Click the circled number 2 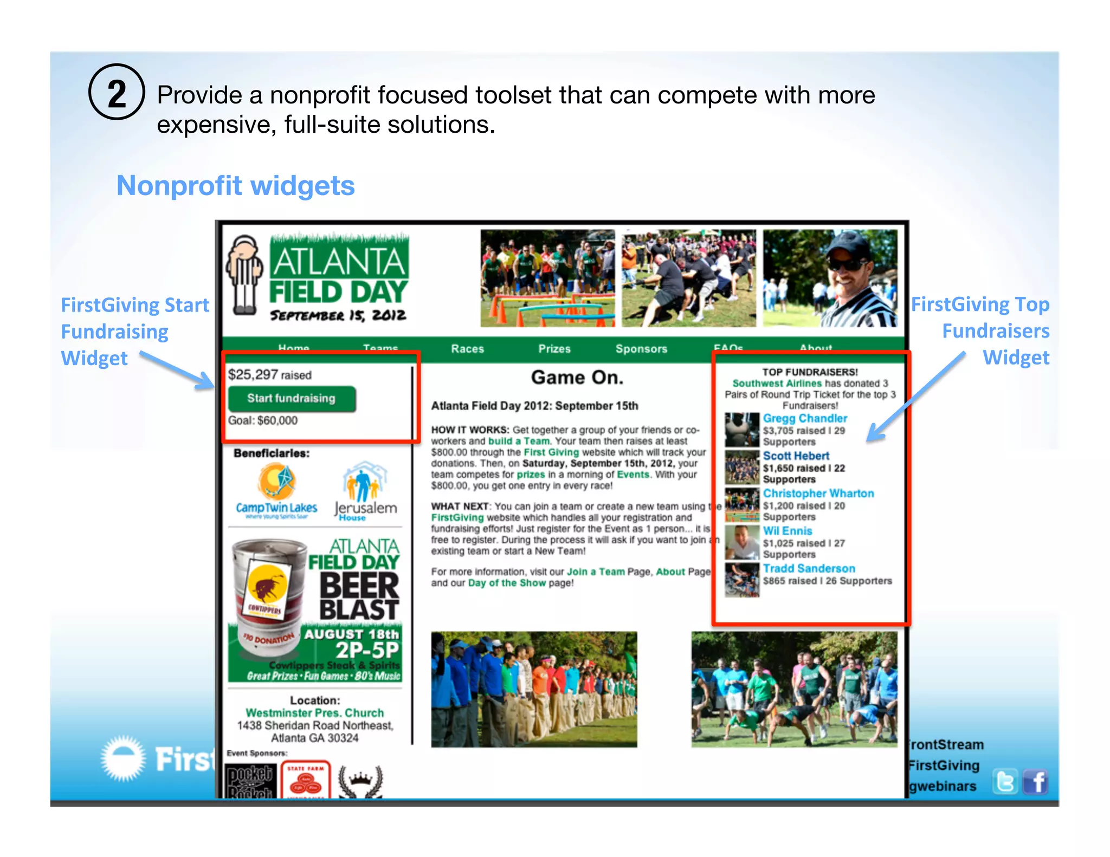point(117,92)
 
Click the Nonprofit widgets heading point(236,186)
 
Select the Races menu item point(467,349)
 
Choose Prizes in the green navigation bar point(554,349)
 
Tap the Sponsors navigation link point(641,349)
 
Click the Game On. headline point(577,377)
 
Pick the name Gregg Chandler point(805,418)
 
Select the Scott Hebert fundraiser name point(796,456)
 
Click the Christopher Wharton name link point(818,493)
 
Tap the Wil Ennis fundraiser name point(788,531)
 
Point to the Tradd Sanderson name point(809,568)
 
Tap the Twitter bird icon point(1005,782)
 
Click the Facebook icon point(1036,782)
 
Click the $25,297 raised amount point(270,375)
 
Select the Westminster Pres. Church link point(314,713)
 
